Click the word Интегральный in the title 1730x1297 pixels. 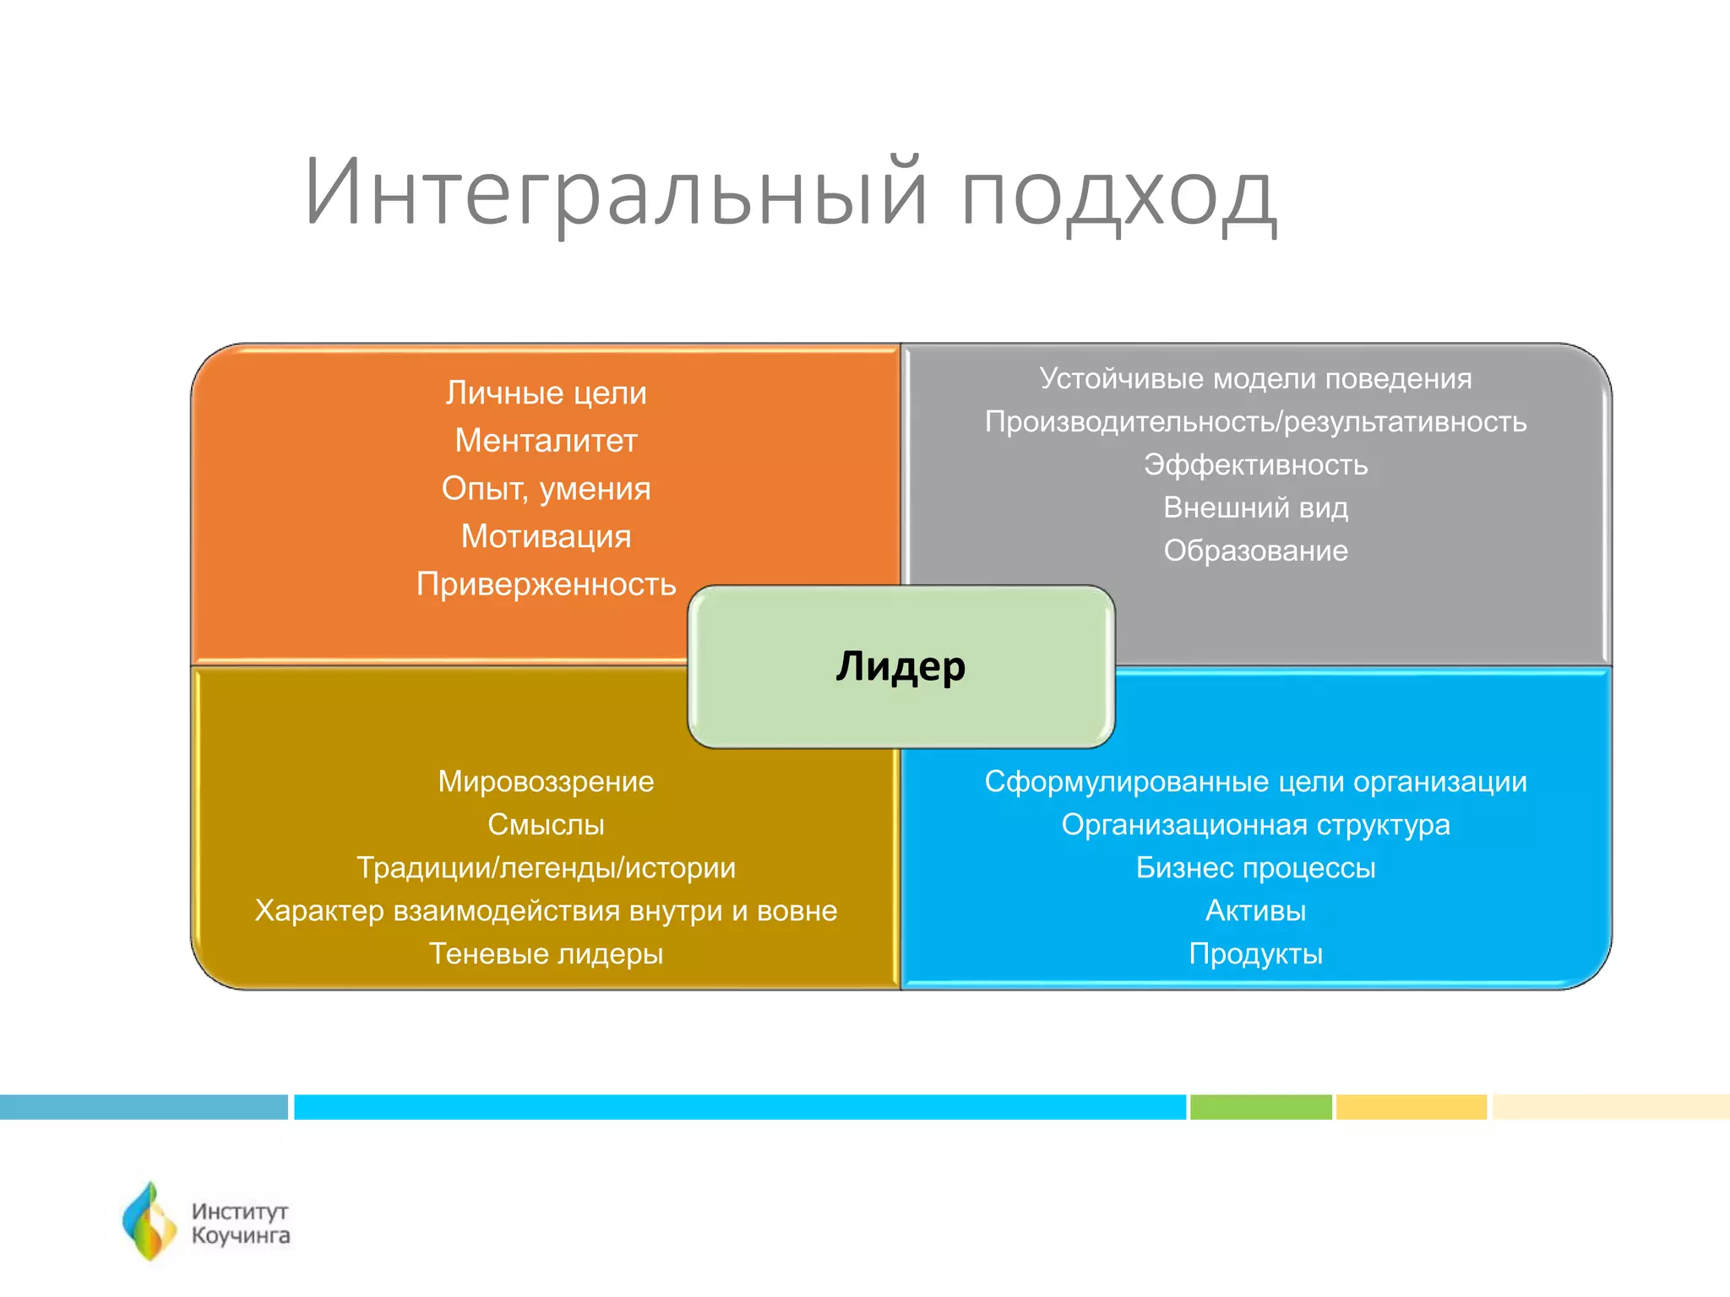coord(615,193)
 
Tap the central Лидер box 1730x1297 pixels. coord(900,666)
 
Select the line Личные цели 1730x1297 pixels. coord(546,393)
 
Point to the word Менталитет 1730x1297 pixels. coord(546,441)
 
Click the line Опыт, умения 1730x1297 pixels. coord(546,489)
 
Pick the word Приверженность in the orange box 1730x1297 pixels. coord(546,584)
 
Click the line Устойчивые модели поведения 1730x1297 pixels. coord(1255,378)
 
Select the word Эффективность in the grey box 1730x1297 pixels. coord(1255,464)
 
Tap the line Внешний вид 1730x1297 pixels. coord(1255,507)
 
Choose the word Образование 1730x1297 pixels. coord(1255,551)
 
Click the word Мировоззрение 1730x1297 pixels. coord(546,782)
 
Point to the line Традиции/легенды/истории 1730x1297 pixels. coord(546,868)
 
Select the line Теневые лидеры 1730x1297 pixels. coord(546,954)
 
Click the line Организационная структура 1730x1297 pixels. coord(1255,825)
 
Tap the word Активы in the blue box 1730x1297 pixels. coord(1255,911)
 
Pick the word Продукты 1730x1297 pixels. coord(1255,954)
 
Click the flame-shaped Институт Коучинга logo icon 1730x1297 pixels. coord(150,1221)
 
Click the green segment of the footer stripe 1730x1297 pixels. coord(1260,1107)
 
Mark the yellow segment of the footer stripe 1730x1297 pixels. coord(1411,1107)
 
